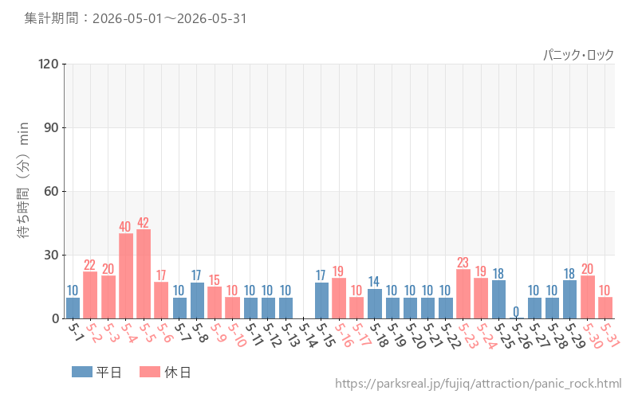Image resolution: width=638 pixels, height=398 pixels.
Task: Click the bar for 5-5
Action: [x=144, y=274]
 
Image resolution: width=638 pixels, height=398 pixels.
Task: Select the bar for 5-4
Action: [x=126, y=276]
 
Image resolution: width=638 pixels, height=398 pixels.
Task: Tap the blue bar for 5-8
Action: [x=197, y=301]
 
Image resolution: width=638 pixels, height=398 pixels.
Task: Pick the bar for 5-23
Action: [x=463, y=294]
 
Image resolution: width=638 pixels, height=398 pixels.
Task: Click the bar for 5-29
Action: [x=569, y=300]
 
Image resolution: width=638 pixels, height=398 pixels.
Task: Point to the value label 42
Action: [x=144, y=223]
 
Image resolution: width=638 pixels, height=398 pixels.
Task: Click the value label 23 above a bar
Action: [x=463, y=263]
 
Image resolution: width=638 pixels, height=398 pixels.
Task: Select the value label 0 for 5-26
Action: [x=516, y=312]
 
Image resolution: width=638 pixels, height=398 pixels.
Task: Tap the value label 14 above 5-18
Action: [x=374, y=282]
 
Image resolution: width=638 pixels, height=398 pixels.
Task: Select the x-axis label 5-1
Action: [x=75, y=331]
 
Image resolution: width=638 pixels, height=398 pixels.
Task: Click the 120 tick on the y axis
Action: [x=49, y=64]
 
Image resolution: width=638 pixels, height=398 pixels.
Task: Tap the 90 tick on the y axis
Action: [x=51, y=128]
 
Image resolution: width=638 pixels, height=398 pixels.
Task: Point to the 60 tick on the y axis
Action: [x=51, y=191]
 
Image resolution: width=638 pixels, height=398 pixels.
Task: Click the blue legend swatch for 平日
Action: [x=82, y=372]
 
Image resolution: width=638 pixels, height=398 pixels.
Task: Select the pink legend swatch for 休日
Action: [x=150, y=372]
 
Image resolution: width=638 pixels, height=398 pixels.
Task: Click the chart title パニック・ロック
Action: [x=578, y=55]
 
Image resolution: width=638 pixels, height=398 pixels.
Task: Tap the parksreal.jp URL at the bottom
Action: [x=478, y=384]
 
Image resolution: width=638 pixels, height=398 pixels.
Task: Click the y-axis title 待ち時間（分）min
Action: [x=23, y=180]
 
